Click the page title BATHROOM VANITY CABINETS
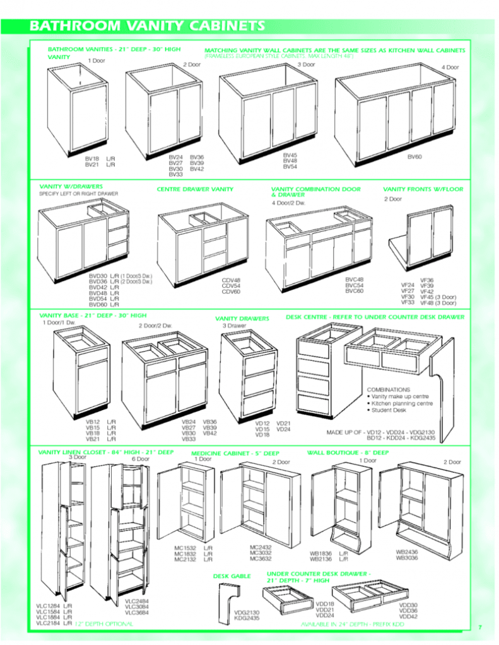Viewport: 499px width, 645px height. [146, 26]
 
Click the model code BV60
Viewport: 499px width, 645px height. [414, 156]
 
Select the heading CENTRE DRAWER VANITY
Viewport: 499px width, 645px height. [195, 189]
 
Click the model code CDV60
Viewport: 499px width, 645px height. [231, 292]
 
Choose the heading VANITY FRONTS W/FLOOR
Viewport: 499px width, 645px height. [423, 189]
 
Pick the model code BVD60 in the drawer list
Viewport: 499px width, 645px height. [99, 304]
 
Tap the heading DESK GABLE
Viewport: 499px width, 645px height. [232, 576]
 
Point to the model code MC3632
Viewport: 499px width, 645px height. [261, 559]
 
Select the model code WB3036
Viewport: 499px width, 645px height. [407, 557]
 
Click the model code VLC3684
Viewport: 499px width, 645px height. [137, 612]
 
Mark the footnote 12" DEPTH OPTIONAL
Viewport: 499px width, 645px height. [104, 624]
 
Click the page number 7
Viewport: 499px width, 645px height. [479, 627]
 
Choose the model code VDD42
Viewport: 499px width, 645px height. [408, 617]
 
